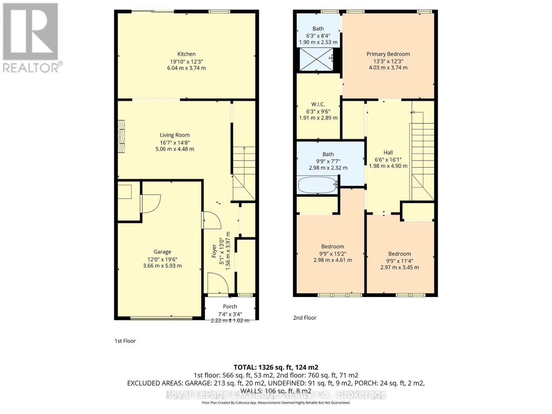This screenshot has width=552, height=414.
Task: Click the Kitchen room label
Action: pos(186,54)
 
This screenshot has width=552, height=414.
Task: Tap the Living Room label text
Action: pos(175,135)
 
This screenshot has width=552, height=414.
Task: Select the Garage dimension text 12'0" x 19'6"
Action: pos(162,259)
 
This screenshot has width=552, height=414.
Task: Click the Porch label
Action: pos(230,306)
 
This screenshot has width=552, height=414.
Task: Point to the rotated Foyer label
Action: pos(214,251)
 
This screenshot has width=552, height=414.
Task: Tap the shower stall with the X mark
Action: pos(316,59)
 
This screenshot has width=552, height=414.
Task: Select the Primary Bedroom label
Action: pos(388,54)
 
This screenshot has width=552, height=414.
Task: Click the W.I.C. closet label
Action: pos(318,104)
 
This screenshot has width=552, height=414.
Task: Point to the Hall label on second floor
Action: pos(388,152)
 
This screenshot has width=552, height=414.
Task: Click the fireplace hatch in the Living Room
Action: pos(121,136)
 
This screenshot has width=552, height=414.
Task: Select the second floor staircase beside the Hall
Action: pos(422,155)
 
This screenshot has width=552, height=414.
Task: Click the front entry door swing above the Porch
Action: pos(218,283)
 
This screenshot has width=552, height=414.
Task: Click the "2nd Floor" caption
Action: pos(305,318)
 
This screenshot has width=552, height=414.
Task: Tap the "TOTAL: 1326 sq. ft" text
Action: pos(276,367)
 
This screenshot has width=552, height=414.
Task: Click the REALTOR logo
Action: pos(31,38)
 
